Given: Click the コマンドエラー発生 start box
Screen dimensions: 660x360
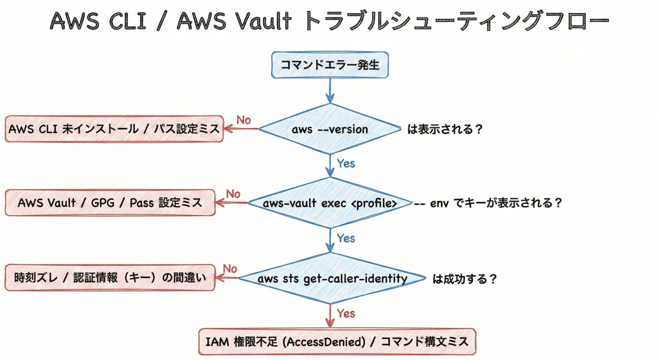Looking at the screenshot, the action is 330,65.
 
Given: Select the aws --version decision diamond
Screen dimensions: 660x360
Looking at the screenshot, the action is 330,129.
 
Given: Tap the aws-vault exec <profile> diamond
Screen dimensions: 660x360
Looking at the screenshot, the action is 330,203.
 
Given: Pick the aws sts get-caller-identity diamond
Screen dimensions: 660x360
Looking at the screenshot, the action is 332,278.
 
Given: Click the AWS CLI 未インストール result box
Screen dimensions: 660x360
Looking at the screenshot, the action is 114,129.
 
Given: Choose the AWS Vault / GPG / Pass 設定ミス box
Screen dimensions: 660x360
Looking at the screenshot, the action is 110,203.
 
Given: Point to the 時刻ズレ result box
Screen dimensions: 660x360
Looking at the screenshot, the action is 110,278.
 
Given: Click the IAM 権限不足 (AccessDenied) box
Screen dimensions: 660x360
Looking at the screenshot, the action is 337,342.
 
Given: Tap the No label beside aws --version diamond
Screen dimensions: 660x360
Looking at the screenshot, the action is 244,120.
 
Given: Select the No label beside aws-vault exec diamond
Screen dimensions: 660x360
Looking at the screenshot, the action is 233,194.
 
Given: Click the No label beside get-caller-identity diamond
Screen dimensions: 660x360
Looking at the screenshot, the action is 230,269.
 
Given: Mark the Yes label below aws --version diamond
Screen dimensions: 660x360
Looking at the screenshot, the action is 346,163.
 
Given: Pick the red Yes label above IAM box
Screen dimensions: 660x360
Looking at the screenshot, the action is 346,313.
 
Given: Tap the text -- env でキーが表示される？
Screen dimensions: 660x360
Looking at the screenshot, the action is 488,203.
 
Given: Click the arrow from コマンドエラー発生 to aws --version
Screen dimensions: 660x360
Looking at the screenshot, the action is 330,90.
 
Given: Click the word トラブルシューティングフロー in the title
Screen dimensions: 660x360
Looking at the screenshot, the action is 456,21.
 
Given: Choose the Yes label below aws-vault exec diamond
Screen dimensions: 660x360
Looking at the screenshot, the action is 346,238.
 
